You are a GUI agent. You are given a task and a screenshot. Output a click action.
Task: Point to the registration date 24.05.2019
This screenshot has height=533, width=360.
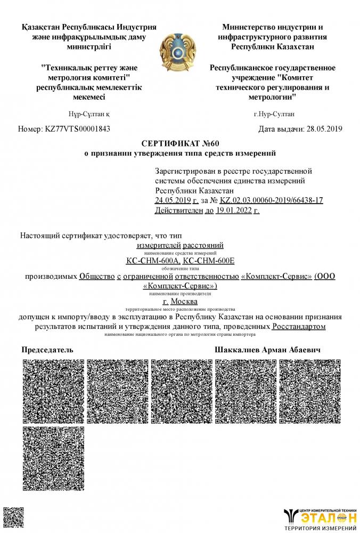click(173, 200)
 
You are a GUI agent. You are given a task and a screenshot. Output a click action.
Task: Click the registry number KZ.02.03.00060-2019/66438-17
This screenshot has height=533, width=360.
click(271, 200)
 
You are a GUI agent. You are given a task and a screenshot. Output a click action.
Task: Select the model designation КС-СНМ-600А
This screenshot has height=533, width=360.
click(153, 261)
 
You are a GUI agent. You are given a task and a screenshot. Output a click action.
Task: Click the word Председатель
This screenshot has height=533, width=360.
click(47, 350)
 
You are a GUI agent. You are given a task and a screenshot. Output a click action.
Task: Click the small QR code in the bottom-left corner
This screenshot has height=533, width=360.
click(10, 517)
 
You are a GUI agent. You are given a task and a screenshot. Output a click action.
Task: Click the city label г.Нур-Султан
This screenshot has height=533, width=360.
click(274, 114)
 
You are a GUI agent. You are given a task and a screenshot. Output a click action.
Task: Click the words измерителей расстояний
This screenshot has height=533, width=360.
click(180, 245)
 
